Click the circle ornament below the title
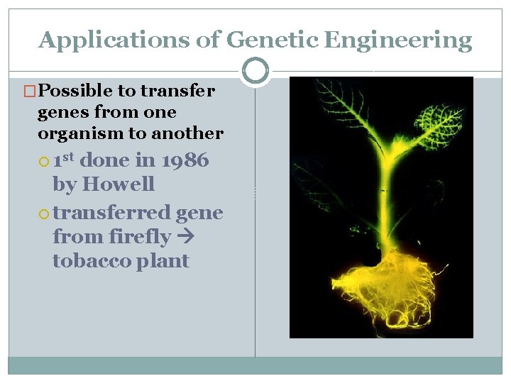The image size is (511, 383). pos(255,71)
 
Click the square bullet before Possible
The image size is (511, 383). pos(31,91)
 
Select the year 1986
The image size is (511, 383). pos(185,160)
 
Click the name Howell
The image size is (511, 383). pos(119,184)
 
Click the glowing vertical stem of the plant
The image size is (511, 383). pos(384,206)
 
